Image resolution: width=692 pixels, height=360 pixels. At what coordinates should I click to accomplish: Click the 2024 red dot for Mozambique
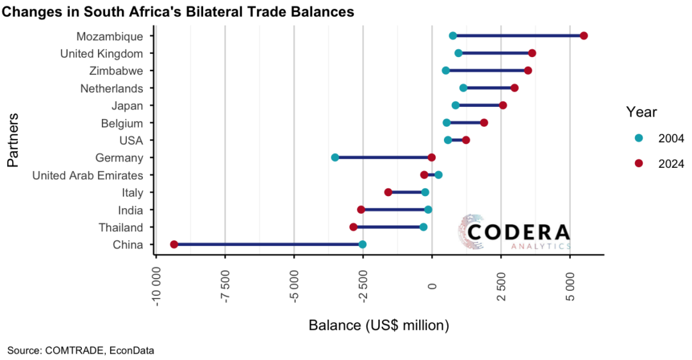click(x=583, y=36)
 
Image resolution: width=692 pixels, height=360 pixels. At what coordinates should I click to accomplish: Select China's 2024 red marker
click(x=174, y=245)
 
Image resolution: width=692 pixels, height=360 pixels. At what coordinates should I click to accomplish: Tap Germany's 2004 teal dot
click(x=334, y=158)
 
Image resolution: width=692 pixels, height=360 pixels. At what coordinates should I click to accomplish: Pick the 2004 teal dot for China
click(x=362, y=245)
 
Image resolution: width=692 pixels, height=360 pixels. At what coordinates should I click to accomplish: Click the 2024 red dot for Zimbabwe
click(x=527, y=70)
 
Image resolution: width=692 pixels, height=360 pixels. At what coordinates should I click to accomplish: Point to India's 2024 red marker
click(x=361, y=209)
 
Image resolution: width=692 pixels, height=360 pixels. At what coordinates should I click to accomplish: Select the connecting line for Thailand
click(x=388, y=227)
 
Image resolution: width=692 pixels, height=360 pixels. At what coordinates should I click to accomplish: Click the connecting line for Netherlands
click(x=488, y=88)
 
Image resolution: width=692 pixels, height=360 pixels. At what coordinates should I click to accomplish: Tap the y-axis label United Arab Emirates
click(x=88, y=175)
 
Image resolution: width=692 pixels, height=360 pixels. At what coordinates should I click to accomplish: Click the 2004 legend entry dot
click(x=638, y=138)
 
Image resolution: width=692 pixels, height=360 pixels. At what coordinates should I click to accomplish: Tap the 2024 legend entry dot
click(x=638, y=163)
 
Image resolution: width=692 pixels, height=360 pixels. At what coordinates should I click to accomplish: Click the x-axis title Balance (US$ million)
click(x=379, y=325)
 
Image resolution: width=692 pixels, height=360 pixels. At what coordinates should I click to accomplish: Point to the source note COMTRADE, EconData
click(x=81, y=350)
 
